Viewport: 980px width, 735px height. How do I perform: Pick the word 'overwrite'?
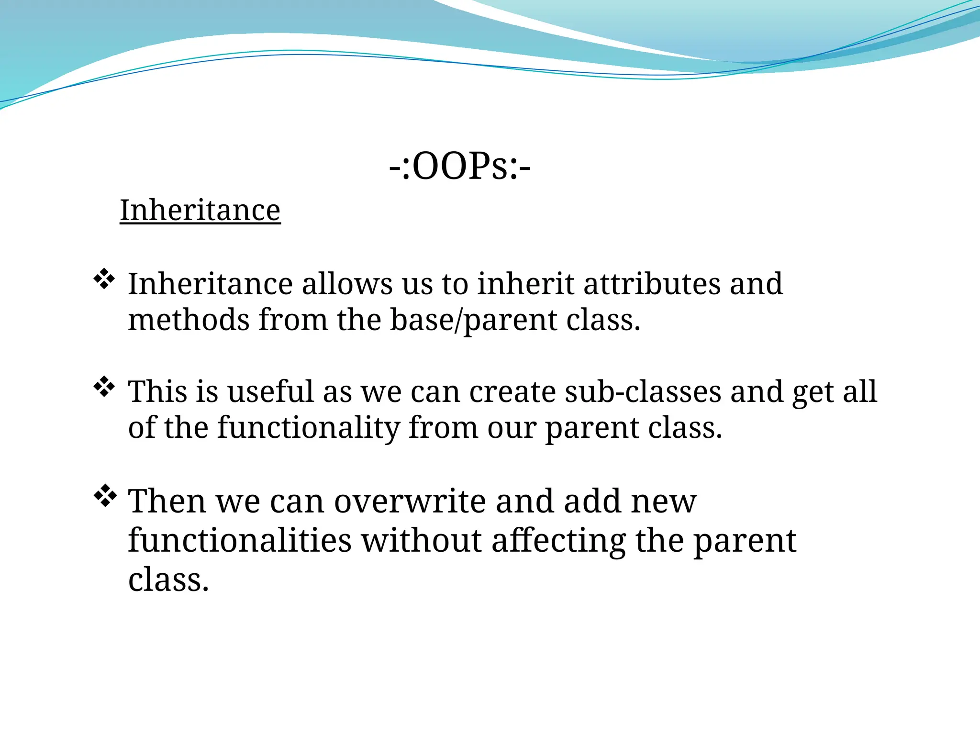[x=410, y=501]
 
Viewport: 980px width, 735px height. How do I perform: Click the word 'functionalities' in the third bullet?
[x=240, y=541]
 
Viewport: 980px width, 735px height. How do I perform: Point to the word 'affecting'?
[x=558, y=541]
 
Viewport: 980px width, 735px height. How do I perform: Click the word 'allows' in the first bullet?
[x=347, y=284]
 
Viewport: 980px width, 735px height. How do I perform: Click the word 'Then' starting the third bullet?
[x=167, y=501]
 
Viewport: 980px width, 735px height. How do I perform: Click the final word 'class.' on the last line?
[x=168, y=580]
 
